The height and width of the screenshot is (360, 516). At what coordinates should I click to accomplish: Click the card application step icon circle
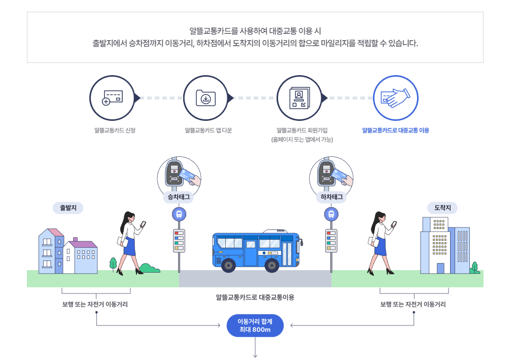tap(112, 97)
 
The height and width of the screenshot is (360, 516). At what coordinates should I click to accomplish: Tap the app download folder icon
tap(205, 97)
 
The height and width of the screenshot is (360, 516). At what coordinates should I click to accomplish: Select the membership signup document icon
tap(299, 97)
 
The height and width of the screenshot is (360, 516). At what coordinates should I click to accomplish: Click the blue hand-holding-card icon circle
tap(395, 97)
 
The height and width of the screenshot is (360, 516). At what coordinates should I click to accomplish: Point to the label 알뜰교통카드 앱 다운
tap(208, 130)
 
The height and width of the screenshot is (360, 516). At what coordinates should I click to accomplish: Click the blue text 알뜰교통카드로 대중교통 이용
tap(395, 130)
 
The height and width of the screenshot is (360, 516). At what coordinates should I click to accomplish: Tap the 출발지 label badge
tap(68, 207)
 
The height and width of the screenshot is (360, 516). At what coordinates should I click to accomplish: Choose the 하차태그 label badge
tap(331, 197)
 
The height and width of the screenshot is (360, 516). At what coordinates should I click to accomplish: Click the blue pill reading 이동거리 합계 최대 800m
tap(255, 325)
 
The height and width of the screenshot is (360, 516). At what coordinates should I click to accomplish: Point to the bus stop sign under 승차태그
tap(179, 214)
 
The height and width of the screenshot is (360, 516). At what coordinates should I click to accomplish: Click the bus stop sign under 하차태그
tap(331, 214)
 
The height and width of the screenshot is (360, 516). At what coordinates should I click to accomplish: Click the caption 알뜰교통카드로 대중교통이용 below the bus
tap(255, 297)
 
